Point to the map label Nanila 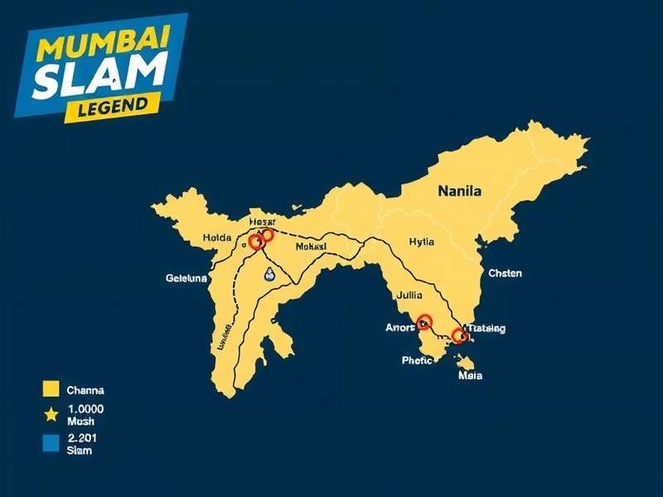[x=459, y=191]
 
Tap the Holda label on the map [x=219, y=239]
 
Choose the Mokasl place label [x=310, y=247]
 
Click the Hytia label [x=421, y=242]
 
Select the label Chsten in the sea [x=505, y=273]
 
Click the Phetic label [x=416, y=359]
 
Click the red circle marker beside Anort [x=425, y=321]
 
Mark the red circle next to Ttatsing [x=459, y=335]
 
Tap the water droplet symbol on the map [x=268, y=277]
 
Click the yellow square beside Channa [x=51, y=388]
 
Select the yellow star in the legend [x=51, y=414]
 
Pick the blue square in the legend [x=51, y=443]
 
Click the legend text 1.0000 [x=85, y=409]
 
